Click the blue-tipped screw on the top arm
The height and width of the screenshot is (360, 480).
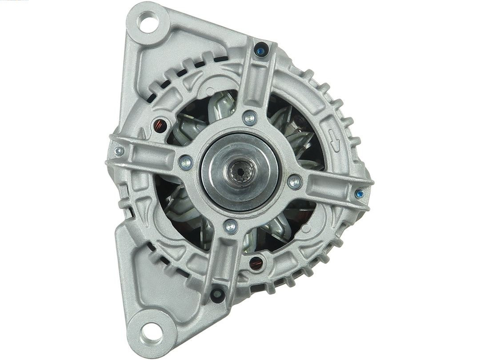261,50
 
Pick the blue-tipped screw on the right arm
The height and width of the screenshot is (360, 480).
360,194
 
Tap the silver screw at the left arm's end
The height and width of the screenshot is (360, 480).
118,152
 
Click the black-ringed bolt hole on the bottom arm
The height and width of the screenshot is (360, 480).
217,294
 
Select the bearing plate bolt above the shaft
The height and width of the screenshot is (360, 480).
250,118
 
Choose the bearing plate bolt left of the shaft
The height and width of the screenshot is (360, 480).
186,163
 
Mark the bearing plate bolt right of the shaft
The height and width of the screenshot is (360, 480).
294,181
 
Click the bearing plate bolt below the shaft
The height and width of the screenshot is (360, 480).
230,227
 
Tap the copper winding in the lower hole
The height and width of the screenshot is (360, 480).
256,263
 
